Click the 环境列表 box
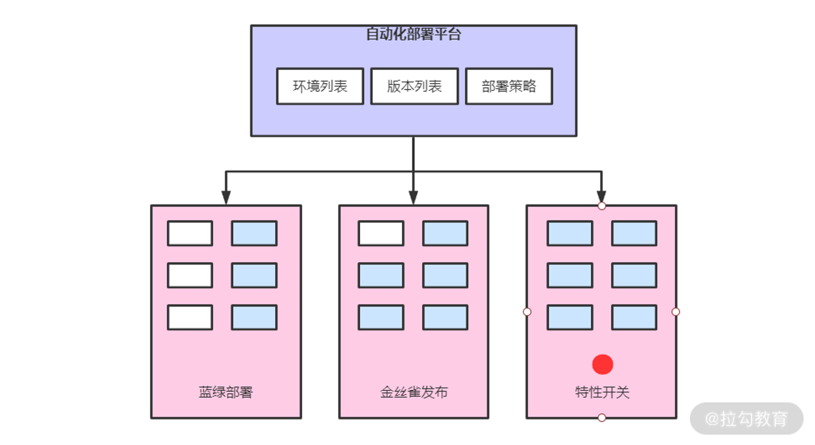point(320,86)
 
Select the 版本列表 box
point(414,86)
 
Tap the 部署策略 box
point(509,86)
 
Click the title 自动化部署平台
point(414,34)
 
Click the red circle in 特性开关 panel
point(603,364)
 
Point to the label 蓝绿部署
point(226,392)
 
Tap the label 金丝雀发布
point(414,392)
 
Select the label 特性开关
point(602,392)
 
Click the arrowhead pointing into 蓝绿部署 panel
point(226,197)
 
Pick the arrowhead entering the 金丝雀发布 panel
point(413,197)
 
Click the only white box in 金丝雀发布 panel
point(381,233)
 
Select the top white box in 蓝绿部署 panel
point(190,233)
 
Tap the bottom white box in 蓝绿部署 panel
point(190,317)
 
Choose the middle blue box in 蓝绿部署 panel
point(254,275)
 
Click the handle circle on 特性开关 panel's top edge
point(602,206)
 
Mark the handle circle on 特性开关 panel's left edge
point(527,312)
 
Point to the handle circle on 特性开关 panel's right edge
point(676,312)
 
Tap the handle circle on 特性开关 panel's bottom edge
point(602,417)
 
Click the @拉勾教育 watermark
point(746,419)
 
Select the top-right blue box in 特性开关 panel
point(634,233)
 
